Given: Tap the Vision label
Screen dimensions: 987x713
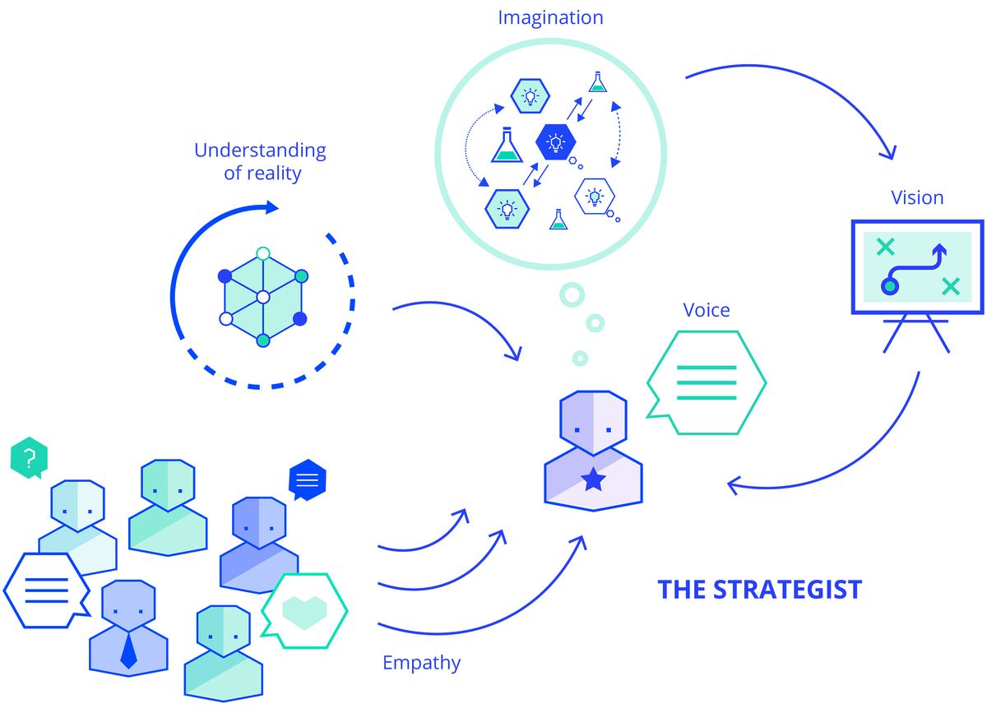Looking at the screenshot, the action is [x=917, y=198].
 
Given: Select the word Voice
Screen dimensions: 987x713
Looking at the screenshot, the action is [x=707, y=310].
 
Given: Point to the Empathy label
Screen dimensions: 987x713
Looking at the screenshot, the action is [x=422, y=663].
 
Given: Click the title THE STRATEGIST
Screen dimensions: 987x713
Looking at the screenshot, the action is [x=760, y=590].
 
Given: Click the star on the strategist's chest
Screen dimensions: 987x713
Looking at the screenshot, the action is [x=593, y=480].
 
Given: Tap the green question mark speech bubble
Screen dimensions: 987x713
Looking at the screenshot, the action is [x=29, y=457].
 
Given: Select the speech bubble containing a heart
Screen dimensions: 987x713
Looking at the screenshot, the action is [x=305, y=611].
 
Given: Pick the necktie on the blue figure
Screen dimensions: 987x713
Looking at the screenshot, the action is [x=128, y=650].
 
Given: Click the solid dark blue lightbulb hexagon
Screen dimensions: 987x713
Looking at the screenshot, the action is [x=556, y=142].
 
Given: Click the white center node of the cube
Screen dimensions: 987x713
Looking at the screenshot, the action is [x=263, y=298].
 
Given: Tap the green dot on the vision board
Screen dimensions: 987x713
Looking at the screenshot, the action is [x=890, y=286].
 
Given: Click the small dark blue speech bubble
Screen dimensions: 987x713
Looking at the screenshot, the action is [x=307, y=479].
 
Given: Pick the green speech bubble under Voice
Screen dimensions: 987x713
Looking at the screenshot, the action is [x=707, y=383].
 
